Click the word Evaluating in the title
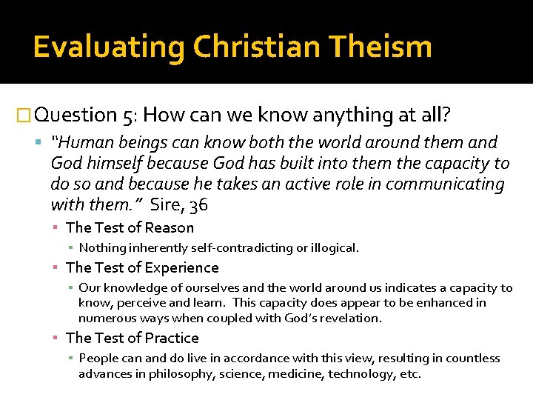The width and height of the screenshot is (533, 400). [108, 47]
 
